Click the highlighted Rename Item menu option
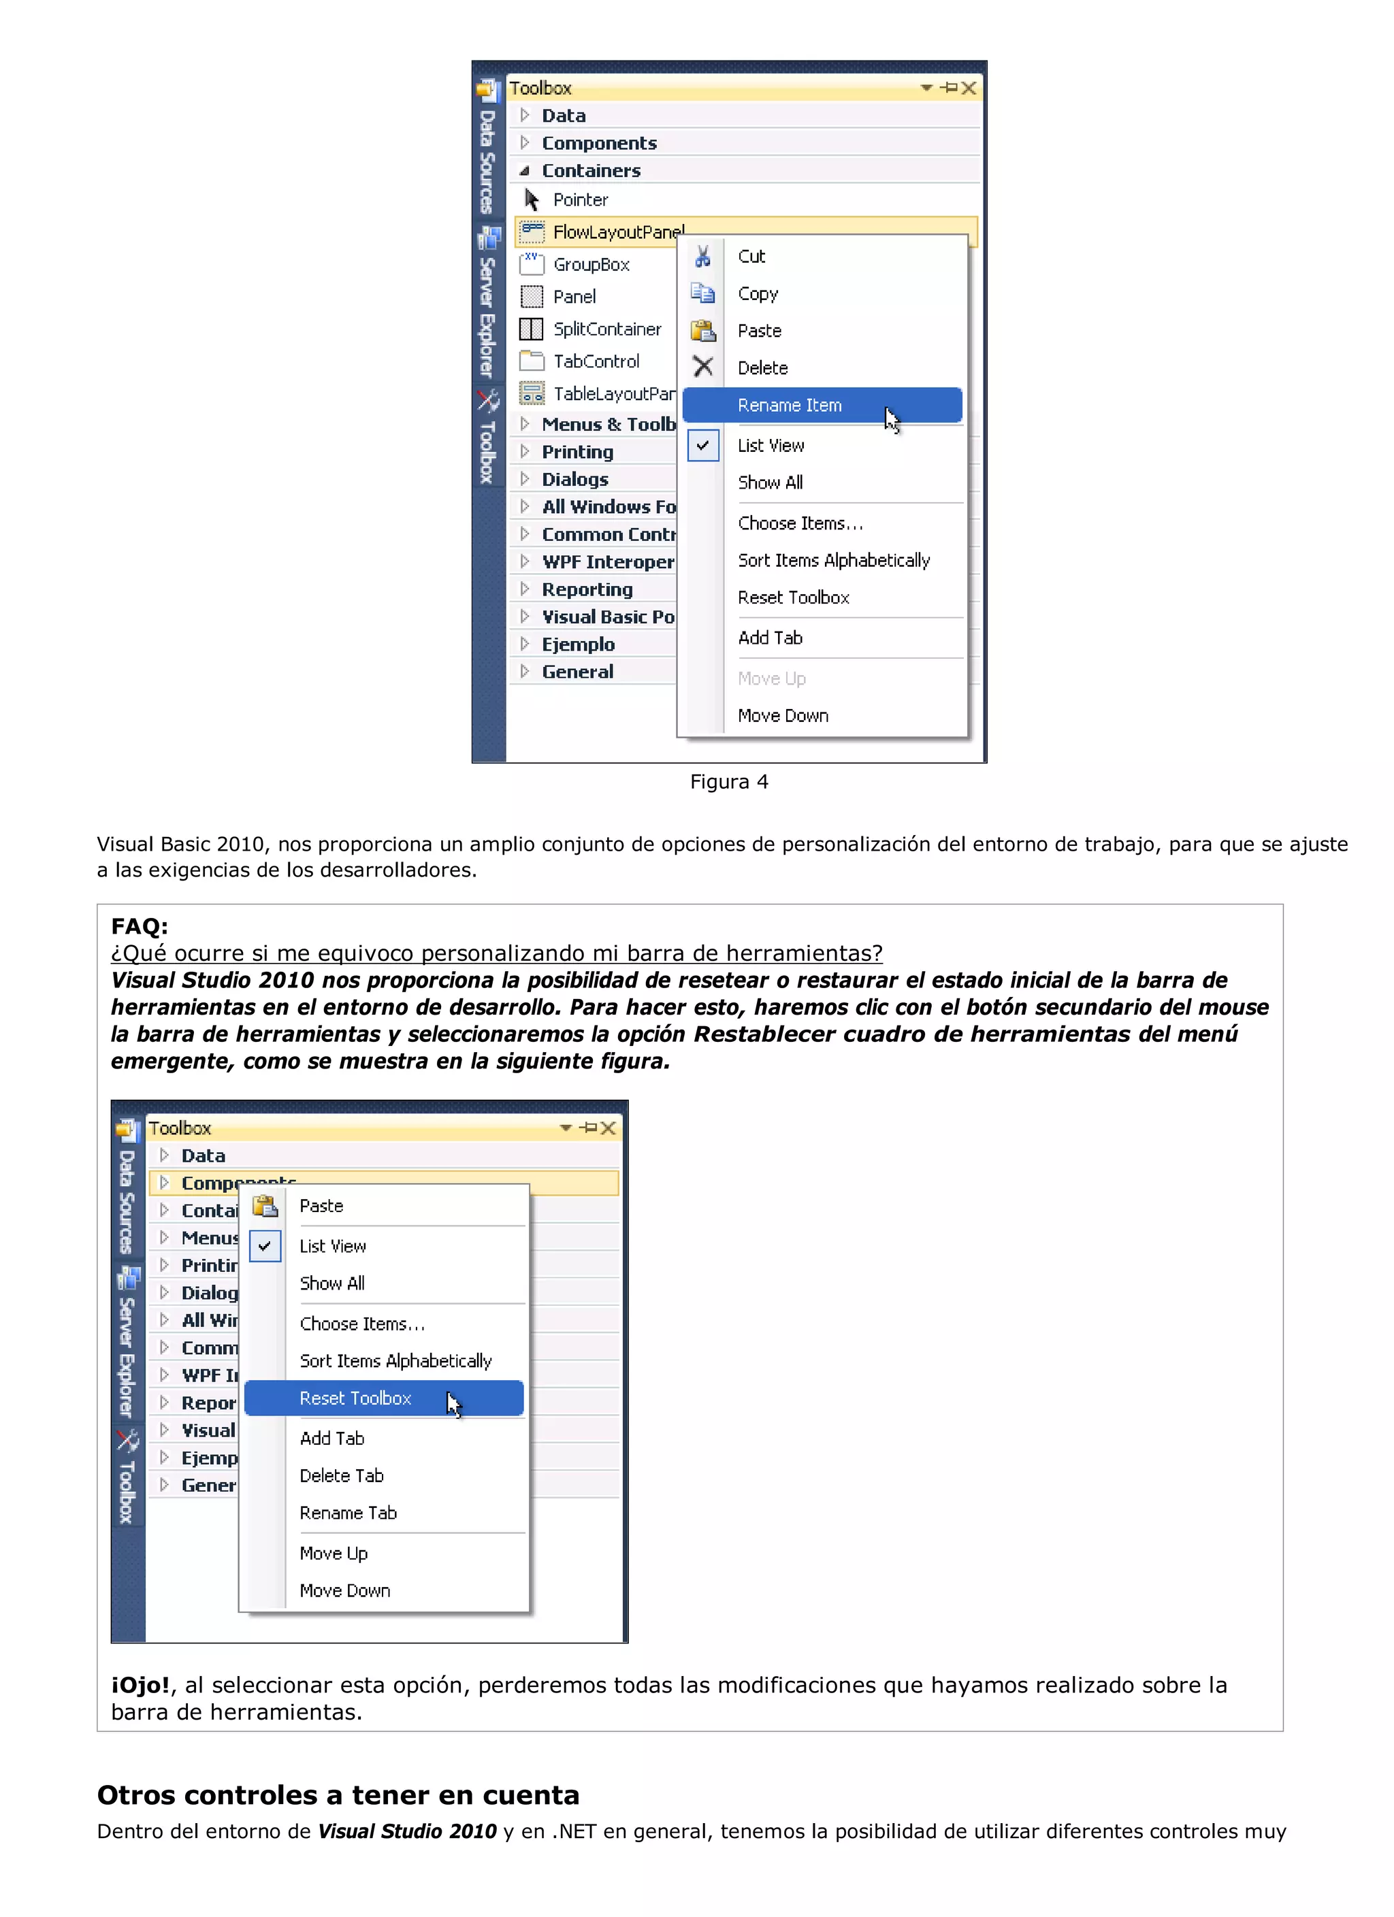(789, 405)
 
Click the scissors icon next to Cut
(702, 256)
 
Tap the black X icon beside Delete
(702, 367)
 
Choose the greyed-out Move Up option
(771, 678)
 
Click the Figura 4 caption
(729, 782)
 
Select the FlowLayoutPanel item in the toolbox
(618, 231)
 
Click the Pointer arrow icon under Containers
(531, 199)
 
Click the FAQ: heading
(140, 926)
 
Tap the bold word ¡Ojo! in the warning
(140, 1686)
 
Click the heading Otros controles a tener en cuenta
(338, 1795)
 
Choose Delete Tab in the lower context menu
(342, 1476)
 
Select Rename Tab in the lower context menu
(347, 1513)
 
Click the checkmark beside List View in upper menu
(702, 446)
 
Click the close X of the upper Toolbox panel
(969, 88)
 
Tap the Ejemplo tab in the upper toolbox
(579, 644)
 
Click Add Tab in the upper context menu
(769, 638)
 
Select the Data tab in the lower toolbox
(203, 1156)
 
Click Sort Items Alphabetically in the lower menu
(395, 1361)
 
